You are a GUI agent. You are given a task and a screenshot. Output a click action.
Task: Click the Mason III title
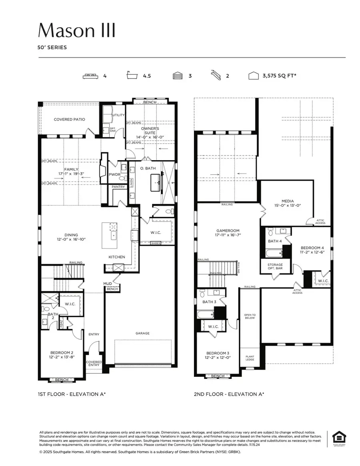(77, 30)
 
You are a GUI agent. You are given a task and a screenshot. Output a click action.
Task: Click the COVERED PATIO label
(70, 119)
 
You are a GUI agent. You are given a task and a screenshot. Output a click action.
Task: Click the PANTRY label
(118, 187)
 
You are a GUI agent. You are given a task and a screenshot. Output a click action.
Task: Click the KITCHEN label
(117, 257)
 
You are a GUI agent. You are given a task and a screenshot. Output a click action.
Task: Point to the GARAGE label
(142, 333)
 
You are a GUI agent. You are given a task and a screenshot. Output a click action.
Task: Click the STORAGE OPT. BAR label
(275, 267)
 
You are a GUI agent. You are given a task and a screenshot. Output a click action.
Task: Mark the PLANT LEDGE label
(250, 358)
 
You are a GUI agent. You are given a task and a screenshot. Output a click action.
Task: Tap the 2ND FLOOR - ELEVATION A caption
(229, 394)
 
